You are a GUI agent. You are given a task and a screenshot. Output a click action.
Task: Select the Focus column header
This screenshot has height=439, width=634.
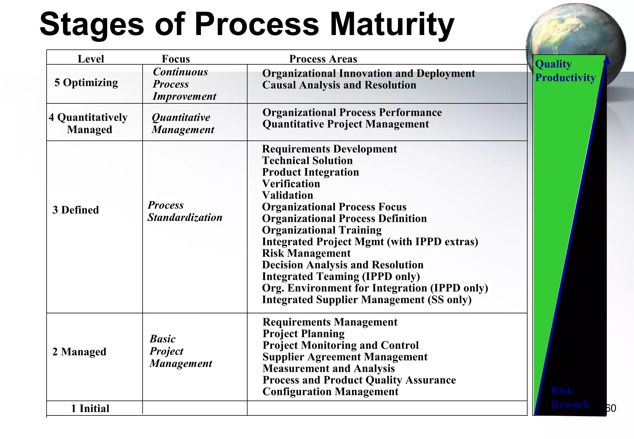176,59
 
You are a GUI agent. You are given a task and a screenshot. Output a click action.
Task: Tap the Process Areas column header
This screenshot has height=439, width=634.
323,59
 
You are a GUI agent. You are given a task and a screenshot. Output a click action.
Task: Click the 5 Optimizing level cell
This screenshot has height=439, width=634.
86,83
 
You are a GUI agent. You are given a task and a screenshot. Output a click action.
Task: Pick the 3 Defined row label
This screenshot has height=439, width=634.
76,210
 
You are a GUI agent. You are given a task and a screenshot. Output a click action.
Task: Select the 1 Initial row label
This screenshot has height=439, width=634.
90,408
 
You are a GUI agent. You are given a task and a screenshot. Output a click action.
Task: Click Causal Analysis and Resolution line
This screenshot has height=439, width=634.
339,85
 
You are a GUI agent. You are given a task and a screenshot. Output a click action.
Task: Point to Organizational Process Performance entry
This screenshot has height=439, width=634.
352,112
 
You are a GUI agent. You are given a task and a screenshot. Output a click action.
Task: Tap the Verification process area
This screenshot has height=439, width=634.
291,184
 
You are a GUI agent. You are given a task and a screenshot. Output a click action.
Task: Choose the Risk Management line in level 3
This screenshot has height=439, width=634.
306,253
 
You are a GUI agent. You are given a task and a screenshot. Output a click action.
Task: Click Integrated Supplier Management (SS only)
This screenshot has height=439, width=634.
367,300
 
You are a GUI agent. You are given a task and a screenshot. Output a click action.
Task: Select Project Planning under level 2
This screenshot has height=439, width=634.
303,334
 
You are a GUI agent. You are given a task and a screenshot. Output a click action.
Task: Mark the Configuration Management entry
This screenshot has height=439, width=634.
330,392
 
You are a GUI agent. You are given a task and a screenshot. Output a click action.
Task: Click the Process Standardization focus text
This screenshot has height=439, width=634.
185,211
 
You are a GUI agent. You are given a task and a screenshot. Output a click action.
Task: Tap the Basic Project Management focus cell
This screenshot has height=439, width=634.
181,351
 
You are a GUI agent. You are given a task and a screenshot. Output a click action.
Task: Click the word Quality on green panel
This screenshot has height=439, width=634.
553,64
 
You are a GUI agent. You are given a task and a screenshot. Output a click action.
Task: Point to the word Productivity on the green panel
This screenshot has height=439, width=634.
565,77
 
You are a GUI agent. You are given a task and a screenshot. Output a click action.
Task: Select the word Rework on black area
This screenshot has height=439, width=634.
570,404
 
